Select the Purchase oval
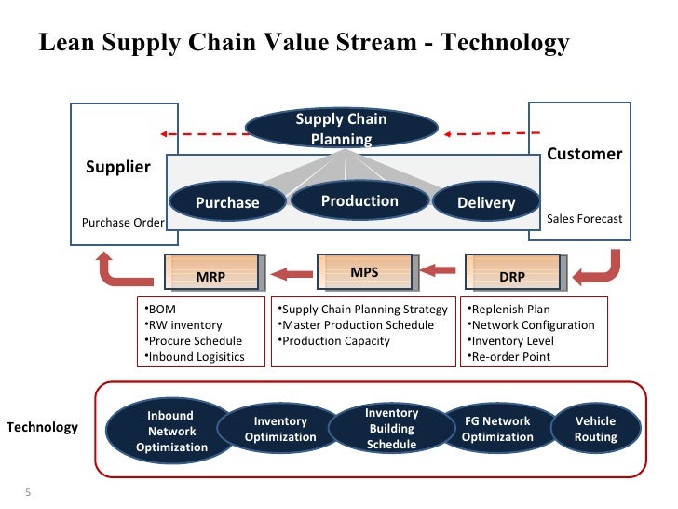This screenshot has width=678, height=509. (x=227, y=202)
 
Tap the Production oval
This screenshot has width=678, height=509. (x=359, y=200)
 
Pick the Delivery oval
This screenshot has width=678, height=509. (x=485, y=202)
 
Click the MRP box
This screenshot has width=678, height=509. (x=211, y=274)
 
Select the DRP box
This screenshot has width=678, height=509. (x=511, y=274)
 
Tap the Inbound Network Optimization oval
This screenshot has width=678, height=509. (x=171, y=432)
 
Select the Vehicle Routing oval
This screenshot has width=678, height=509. (x=595, y=429)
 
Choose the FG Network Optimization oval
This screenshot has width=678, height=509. (x=497, y=429)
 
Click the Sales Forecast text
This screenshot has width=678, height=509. (x=584, y=219)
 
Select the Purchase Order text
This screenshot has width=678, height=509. (x=123, y=223)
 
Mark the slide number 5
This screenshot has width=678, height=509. (x=28, y=492)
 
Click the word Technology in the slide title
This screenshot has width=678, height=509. (x=506, y=43)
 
